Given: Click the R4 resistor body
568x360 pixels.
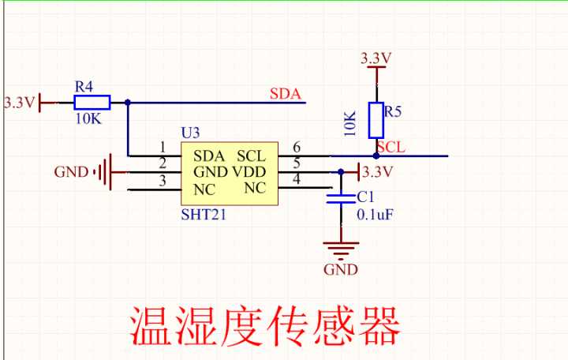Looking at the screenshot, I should [x=92, y=102].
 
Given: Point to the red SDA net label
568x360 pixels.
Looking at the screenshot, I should [x=286, y=94].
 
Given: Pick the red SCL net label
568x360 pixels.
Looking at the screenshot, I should [x=391, y=147].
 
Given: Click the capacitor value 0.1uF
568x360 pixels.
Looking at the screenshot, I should [x=376, y=214].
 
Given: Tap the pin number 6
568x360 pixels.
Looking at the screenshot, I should [x=297, y=148].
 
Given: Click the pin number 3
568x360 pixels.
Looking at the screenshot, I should [x=163, y=182].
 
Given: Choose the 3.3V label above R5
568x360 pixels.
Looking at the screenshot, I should [x=376, y=58].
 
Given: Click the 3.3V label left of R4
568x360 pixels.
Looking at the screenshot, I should [x=19, y=103].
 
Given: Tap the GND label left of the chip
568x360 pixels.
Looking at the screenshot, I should [x=71, y=172].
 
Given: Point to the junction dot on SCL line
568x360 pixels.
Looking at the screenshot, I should [x=376, y=156].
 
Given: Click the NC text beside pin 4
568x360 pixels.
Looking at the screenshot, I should [x=255, y=188].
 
